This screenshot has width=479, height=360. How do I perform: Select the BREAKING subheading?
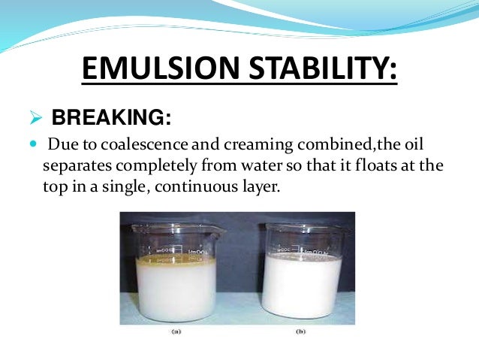(110, 118)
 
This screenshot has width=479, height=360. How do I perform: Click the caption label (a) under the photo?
(174, 330)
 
